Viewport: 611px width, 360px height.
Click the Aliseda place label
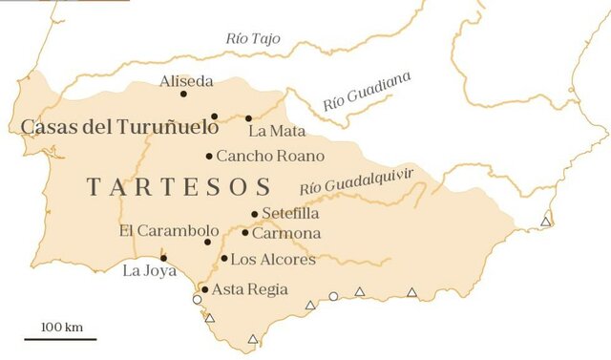187,81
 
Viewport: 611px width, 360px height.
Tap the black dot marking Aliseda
183,94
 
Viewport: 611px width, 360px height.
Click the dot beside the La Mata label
248,118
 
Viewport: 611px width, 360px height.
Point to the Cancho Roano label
270,156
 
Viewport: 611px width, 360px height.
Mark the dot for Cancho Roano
209,156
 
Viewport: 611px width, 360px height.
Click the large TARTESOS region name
179,186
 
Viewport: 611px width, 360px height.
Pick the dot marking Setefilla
254,214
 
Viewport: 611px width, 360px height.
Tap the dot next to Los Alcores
223,258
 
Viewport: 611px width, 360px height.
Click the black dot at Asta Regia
204,289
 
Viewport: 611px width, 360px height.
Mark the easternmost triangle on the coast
546,222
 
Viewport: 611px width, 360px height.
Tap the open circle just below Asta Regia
198,300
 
